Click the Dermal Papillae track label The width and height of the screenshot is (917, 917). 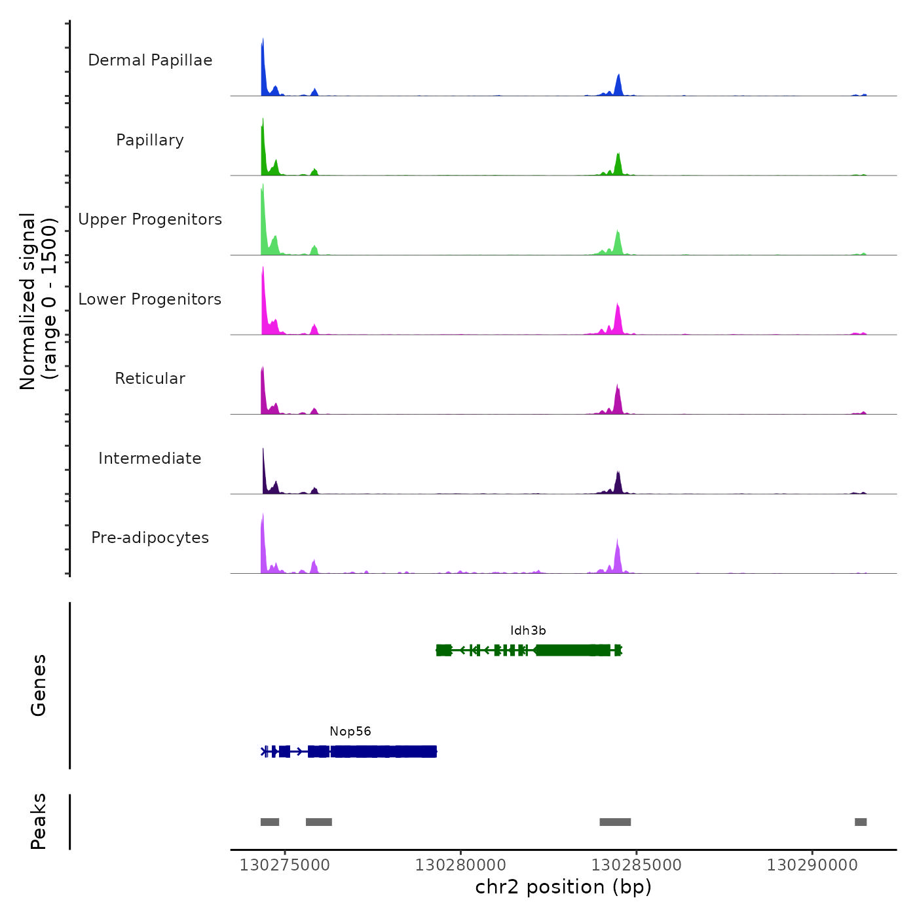(150, 60)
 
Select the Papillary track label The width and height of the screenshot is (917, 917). (150, 140)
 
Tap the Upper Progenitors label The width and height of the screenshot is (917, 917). (150, 219)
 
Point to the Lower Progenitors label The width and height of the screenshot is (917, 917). (150, 299)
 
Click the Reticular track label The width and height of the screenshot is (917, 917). (150, 379)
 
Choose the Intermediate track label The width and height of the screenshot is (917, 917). (150, 458)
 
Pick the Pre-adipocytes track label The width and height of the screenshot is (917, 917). (150, 538)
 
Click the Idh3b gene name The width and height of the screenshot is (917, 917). (528, 631)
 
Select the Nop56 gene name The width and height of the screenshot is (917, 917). (350, 732)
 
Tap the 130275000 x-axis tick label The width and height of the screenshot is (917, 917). (285, 865)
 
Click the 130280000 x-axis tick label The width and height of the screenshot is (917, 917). (460, 865)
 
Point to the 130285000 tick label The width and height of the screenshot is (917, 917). (637, 865)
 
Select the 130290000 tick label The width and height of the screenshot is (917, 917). (812, 865)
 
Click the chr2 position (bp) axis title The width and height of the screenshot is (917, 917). (563, 887)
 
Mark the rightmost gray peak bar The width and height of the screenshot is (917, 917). (861, 822)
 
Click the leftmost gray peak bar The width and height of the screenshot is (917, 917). (270, 822)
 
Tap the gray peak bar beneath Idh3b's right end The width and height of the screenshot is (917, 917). (615, 822)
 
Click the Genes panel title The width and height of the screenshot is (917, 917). (39, 685)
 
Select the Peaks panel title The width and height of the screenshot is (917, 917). (39, 821)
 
